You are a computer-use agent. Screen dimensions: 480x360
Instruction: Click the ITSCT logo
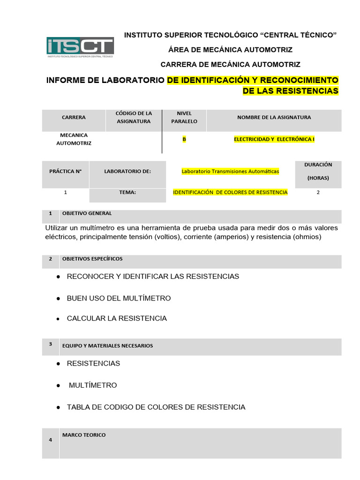[80, 47]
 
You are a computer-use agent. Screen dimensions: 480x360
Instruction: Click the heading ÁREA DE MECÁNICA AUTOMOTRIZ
[230, 50]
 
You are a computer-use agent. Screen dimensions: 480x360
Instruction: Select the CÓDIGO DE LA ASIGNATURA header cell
[134, 117]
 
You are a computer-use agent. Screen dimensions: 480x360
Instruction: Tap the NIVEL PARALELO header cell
[184, 117]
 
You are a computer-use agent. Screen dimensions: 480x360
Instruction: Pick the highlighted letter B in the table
[184, 139]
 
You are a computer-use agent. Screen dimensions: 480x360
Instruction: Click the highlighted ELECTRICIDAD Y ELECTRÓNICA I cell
[274, 139]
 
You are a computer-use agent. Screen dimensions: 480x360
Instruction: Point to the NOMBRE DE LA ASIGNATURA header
[274, 117]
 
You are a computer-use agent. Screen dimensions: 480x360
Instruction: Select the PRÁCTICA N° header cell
[65, 172]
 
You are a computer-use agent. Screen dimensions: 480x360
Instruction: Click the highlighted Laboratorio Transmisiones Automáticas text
[230, 172]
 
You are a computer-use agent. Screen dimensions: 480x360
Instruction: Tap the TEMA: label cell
[127, 192]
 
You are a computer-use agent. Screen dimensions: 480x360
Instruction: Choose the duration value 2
[318, 192]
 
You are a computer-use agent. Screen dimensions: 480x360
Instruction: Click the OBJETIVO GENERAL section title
[87, 213]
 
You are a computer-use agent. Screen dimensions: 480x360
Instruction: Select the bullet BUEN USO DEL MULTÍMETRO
[119, 298]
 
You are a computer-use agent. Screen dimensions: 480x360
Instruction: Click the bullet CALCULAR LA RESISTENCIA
[117, 318]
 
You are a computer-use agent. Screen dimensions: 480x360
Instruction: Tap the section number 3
[50, 345]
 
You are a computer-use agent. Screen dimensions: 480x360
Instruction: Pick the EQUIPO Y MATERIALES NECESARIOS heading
[107, 346]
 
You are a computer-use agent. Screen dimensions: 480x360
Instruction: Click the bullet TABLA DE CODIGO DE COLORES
[156, 407]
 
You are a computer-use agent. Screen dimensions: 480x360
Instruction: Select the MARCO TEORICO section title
[84, 435]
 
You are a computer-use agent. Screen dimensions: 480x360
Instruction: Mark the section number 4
[50, 440]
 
